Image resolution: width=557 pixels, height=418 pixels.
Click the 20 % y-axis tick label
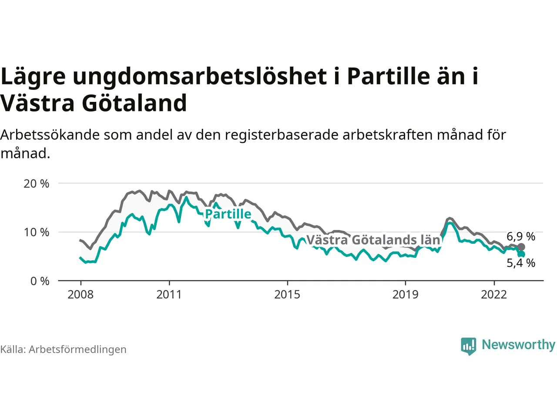click(37, 184)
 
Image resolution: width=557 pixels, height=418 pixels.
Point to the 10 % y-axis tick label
click(37, 233)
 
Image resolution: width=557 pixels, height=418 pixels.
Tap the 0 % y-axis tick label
click(40, 281)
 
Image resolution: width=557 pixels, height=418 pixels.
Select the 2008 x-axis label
click(81, 295)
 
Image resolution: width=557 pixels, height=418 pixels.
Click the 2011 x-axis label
click(169, 295)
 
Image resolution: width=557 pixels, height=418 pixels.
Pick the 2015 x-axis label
click(287, 295)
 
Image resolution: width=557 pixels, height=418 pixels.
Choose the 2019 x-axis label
click(405, 295)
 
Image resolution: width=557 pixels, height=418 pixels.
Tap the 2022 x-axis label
click(494, 295)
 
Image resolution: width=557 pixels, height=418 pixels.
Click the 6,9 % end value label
click(521, 236)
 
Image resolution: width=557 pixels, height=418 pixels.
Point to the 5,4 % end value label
click(521, 263)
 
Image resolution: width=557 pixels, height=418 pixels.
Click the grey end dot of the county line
click(521, 247)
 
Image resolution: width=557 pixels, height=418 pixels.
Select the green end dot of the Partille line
click(521, 254)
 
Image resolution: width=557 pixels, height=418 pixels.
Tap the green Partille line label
click(228, 214)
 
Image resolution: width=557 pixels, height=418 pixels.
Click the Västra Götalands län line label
click(373, 240)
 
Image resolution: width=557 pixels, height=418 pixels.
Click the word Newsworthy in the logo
click(518, 344)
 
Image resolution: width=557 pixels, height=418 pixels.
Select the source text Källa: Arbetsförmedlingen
click(64, 350)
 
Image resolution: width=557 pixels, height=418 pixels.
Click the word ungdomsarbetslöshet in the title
click(199, 76)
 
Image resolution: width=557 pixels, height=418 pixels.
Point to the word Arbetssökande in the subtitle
click(50, 135)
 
